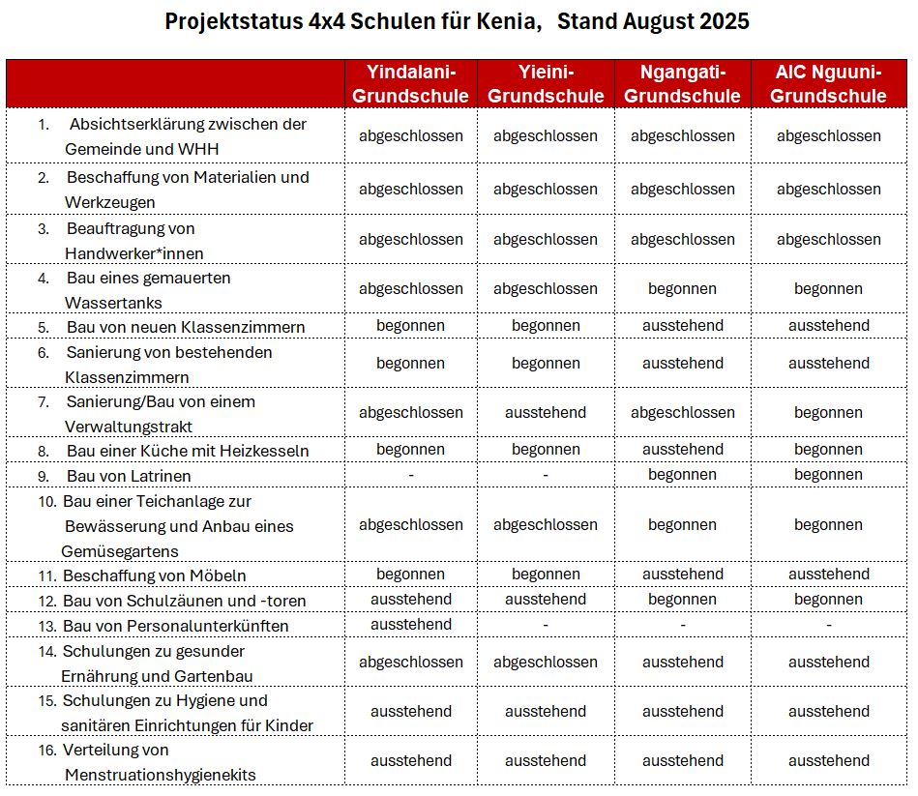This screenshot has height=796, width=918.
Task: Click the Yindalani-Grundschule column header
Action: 410,83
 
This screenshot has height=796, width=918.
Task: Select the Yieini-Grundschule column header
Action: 546,83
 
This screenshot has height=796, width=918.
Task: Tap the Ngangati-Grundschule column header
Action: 682,83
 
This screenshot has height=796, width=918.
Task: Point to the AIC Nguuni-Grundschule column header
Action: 828,83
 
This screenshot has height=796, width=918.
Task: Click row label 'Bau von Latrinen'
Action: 129,476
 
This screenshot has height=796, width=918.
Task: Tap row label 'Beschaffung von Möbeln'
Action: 155,575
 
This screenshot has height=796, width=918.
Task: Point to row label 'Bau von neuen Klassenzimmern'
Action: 186,327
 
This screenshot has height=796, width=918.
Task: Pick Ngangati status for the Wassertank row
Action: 682,288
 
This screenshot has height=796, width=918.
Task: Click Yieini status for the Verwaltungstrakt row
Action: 546,412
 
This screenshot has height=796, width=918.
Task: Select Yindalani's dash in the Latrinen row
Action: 410,475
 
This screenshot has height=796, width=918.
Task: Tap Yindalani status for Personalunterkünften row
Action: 410,625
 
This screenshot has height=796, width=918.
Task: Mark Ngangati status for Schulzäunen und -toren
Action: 682,600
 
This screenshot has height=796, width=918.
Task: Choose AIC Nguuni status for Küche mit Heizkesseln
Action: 828,450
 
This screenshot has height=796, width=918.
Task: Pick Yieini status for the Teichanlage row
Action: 546,524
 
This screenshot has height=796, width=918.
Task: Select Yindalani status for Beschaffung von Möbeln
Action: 410,575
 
